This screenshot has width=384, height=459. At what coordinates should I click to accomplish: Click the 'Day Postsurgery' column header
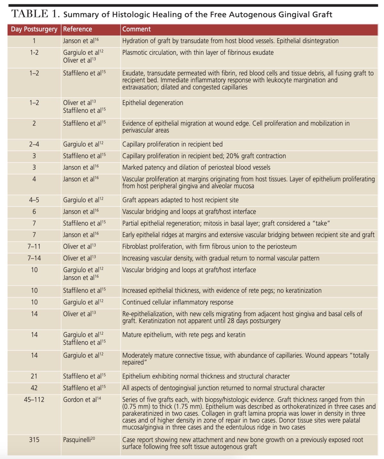pyautogui.click(x=34, y=29)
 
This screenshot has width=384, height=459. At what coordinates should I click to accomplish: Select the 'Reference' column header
pyautogui.click(x=77, y=29)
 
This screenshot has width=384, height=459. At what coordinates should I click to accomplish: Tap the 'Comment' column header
pyautogui.click(x=136, y=29)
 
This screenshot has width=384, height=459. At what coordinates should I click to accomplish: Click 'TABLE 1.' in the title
pyautogui.click(x=36, y=14)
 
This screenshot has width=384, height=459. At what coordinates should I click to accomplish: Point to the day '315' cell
pyautogui.click(x=34, y=440)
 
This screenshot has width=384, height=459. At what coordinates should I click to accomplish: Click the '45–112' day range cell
pyautogui.click(x=34, y=399)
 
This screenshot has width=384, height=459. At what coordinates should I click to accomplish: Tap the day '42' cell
pyautogui.click(x=34, y=388)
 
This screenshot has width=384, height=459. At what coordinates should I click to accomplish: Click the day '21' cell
pyautogui.click(x=34, y=376)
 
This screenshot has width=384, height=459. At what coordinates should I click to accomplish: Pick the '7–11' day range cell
pyautogui.click(x=34, y=246)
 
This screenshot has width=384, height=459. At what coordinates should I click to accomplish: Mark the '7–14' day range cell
pyautogui.click(x=34, y=258)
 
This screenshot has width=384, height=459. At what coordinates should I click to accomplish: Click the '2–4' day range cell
pyautogui.click(x=34, y=144)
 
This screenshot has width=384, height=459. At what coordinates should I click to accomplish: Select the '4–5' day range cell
pyautogui.click(x=34, y=200)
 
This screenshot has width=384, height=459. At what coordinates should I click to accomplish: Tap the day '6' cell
pyautogui.click(x=34, y=212)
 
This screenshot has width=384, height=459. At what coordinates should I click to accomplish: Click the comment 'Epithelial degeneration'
pyautogui.click(x=153, y=103)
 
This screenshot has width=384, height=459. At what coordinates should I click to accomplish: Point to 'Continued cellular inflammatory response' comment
pyautogui.click(x=178, y=302)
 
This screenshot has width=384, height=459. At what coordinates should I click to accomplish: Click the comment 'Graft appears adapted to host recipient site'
pyautogui.click(x=180, y=200)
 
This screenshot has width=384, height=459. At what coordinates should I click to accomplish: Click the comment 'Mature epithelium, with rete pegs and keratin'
pyautogui.click(x=184, y=335)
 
